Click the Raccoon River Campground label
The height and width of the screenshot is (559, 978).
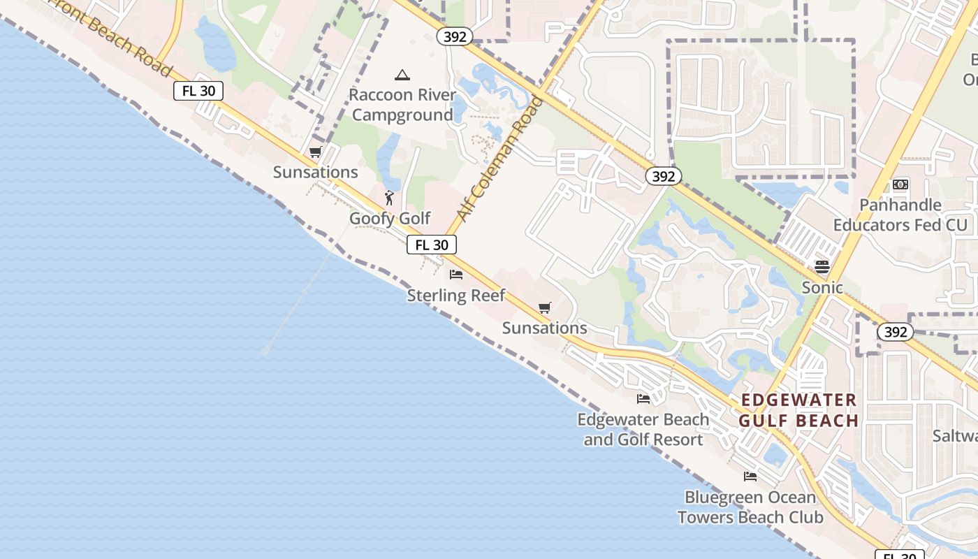402,105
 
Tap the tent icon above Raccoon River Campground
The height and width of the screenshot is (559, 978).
402,75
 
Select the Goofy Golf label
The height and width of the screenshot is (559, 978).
390,219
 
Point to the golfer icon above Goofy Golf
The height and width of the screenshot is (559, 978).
389,198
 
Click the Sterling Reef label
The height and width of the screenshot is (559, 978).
456,295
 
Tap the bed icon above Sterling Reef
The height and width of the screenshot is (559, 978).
456,274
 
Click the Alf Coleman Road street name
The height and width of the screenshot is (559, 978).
499,158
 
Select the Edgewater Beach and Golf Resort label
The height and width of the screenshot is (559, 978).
643,430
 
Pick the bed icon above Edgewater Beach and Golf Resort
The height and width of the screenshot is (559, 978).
643,399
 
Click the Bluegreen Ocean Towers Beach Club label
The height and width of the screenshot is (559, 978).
750,507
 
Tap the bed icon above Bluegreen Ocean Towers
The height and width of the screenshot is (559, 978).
750,477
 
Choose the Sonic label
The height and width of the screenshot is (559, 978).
822,287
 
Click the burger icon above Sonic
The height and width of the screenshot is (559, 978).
822,266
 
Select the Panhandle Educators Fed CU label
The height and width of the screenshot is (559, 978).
900,215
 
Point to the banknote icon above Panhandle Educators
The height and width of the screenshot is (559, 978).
900,184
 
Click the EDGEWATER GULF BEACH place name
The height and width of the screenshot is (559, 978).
798,410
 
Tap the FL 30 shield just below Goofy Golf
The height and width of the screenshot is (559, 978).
432,245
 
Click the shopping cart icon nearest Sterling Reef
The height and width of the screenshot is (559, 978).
545,307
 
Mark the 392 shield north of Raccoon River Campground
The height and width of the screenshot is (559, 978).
455,37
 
